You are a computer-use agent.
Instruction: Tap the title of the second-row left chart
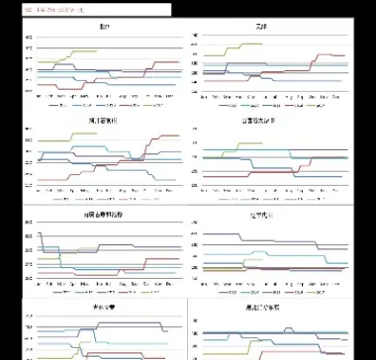[x=103, y=119]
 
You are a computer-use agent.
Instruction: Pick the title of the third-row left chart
[x=103, y=213]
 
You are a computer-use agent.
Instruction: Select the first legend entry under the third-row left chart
[x=61, y=291]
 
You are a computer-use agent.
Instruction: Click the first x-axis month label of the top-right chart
[x=203, y=96]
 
